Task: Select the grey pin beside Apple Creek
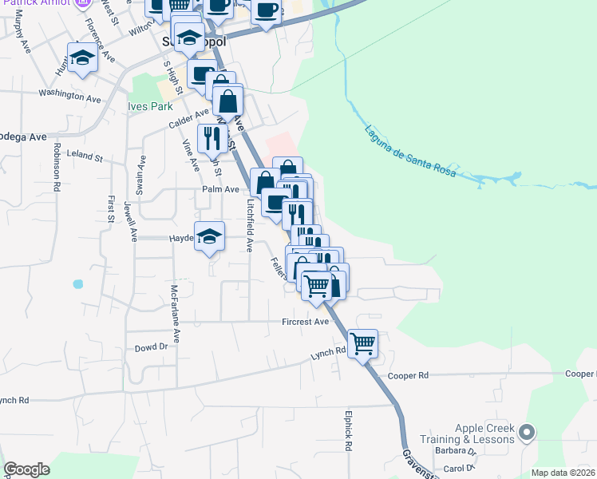(x=526, y=433)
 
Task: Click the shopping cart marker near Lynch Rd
(x=362, y=344)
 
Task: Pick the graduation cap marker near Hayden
(x=209, y=236)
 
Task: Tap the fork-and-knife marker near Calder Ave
(x=212, y=138)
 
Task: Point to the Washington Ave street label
(x=72, y=95)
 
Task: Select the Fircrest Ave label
(x=305, y=322)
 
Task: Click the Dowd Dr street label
(x=151, y=347)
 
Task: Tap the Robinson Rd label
(x=57, y=167)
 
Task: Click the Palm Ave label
(x=220, y=189)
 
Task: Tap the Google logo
(x=26, y=469)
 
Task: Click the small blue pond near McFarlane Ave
(x=77, y=283)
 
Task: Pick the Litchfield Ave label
(x=250, y=226)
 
